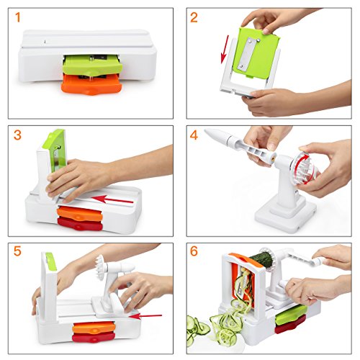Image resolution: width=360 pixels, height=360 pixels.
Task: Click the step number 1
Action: pos(18,17)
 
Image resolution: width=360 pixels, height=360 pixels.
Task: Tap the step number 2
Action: pos(194,17)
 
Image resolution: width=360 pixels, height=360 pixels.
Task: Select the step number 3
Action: pos(17,135)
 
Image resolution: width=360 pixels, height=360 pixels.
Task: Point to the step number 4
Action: pos(194,135)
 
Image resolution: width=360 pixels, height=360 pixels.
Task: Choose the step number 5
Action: pos(17,251)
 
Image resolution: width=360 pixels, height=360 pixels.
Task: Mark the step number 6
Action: pos(194,251)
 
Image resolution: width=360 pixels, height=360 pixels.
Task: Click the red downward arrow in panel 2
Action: pos(225,50)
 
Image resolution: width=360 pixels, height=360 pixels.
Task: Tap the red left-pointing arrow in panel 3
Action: pos(112,199)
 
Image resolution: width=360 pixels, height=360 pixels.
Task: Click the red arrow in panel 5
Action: pos(145,316)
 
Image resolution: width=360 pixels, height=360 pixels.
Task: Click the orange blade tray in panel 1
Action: pos(91,84)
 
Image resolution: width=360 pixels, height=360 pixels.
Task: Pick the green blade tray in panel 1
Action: pos(93,65)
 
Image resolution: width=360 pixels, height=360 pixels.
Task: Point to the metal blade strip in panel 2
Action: pos(249,55)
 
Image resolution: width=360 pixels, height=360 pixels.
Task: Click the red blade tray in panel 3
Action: pos(80,225)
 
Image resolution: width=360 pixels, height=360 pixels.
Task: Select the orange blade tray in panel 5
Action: pos(94,328)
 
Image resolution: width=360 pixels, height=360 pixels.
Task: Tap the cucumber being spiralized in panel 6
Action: pos(261,260)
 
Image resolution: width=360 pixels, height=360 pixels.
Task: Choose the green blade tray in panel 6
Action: pos(291,313)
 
